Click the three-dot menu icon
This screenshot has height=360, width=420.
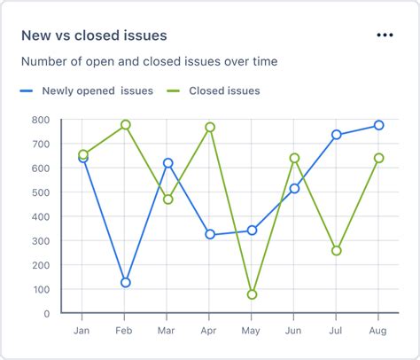(x=384, y=35)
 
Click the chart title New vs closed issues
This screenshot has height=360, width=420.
(x=95, y=35)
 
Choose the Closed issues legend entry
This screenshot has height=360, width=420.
(x=224, y=90)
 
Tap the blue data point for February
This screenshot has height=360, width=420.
(x=126, y=282)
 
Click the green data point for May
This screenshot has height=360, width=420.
(x=253, y=294)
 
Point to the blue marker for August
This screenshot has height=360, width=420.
(x=378, y=125)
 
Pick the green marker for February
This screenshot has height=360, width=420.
(x=126, y=125)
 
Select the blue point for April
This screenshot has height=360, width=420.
(x=210, y=234)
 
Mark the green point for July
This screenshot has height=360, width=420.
(x=337, y=251)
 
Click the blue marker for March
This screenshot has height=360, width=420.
(x=168, y=163)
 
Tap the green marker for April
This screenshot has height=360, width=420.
(x=210, y=128)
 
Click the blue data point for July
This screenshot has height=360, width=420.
(x=337, y=135)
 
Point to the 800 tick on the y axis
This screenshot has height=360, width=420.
(x=40, y=120)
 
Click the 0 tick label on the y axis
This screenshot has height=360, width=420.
(x=46, y=313)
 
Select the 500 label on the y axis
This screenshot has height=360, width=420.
(x=40, y=192)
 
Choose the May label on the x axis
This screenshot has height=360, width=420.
(x=253, y=330)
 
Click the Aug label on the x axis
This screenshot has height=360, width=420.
(x=378, y=330)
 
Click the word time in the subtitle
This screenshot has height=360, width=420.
(x=263, y=62)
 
